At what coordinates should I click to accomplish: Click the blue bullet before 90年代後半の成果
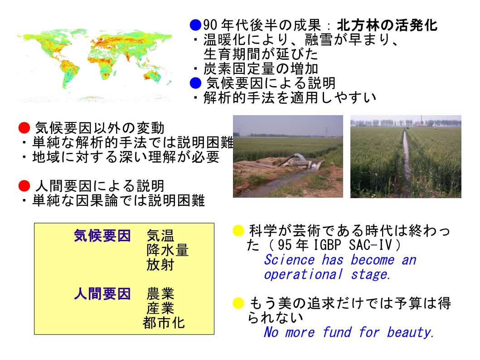(195, 25)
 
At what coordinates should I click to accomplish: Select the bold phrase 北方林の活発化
(387, 25)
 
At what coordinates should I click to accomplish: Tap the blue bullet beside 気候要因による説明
(195, 83)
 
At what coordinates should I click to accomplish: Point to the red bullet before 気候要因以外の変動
(24, 128)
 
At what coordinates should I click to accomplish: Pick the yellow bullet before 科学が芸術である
(238, 230)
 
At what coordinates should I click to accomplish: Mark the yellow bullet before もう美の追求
(238, 303)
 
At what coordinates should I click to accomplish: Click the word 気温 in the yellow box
(160, 236)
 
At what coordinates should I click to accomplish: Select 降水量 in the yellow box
(167, 250)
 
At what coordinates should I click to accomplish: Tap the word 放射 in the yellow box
(160, 265)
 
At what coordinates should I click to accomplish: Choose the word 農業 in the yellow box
(160, 293)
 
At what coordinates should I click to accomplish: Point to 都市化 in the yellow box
(164, 323)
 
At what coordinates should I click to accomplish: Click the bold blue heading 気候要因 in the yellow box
(102, 236)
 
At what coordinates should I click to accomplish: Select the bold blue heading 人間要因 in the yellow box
(102, 293)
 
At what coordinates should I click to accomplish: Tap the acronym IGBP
(327, 245)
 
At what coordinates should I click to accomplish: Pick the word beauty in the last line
(410, 332)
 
